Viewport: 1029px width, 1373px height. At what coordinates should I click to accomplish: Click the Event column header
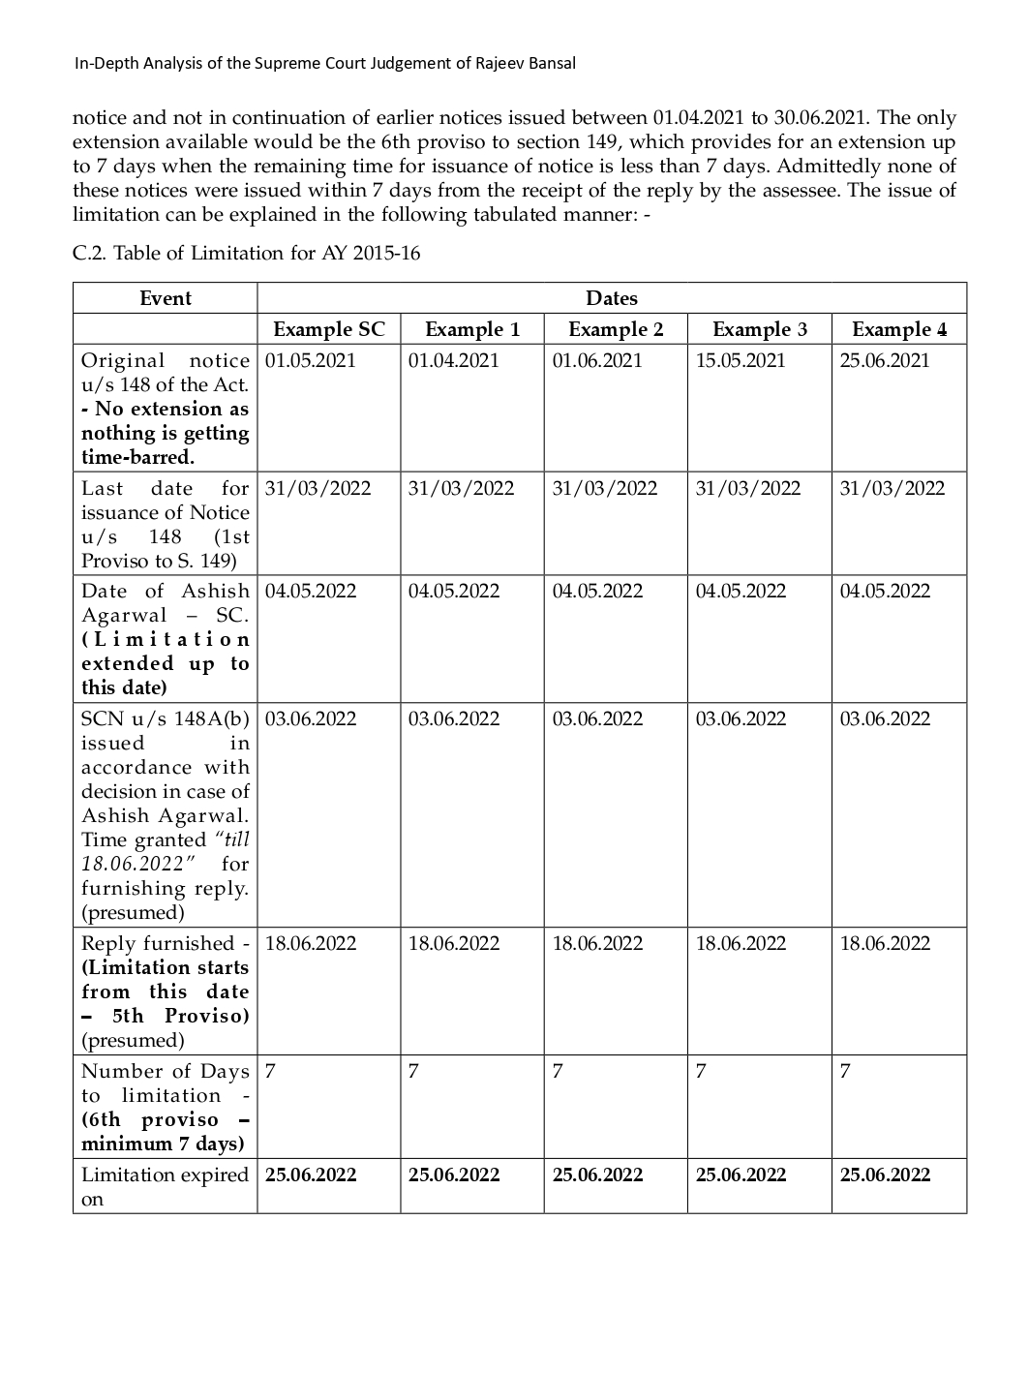[166, 298]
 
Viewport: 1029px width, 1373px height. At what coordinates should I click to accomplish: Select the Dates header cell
[612, 298]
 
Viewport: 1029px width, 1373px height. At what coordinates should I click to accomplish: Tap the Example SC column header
[329, 329]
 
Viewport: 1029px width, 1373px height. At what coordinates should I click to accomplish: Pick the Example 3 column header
[760, 329]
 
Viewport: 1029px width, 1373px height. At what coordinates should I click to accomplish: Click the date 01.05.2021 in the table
[311, 361]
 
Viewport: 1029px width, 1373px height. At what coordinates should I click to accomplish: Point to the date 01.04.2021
[454, 361]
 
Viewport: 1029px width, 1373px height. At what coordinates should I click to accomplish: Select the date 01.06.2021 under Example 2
[597, 361]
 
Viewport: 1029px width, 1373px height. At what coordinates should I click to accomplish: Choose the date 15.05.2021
[741, 361]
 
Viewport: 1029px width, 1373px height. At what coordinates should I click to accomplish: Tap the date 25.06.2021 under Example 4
[885, 361]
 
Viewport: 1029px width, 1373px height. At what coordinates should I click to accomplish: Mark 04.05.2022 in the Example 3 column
[741, 592]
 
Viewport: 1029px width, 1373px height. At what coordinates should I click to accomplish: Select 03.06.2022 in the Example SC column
[311, 719]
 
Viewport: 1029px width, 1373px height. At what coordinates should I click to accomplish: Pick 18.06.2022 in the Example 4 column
[885, 944]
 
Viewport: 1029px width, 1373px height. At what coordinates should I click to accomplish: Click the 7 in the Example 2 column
[558, 1072]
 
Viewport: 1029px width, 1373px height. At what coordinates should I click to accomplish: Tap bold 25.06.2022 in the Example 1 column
[454, 1175]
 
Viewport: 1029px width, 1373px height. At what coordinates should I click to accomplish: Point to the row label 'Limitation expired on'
[165, 1186]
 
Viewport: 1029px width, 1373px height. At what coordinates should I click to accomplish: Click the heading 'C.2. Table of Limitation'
[246, 254]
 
